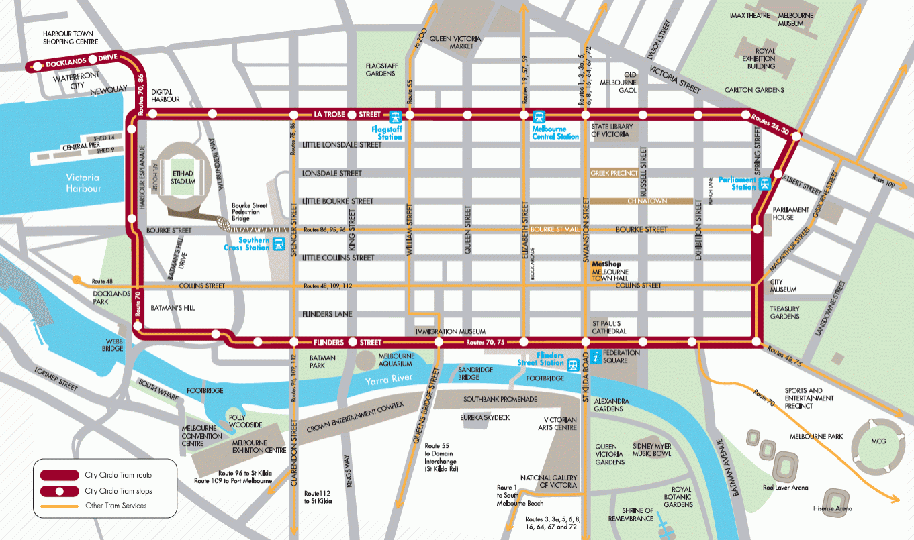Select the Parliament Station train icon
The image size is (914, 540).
coord(764,182)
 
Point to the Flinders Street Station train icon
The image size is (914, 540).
coord(573,365)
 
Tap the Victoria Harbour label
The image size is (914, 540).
coord(83,183)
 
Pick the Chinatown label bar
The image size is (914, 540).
coord(641,201)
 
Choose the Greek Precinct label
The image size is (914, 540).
coord(614,172)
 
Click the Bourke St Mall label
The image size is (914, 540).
coord(554,229)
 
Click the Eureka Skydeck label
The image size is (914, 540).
coord(485,417)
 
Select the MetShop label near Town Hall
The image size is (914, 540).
coord(604,264)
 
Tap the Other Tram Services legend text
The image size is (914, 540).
coord(116,505)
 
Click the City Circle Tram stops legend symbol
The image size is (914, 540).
coord(59,491)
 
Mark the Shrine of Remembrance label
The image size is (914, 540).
coord(631,514)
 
